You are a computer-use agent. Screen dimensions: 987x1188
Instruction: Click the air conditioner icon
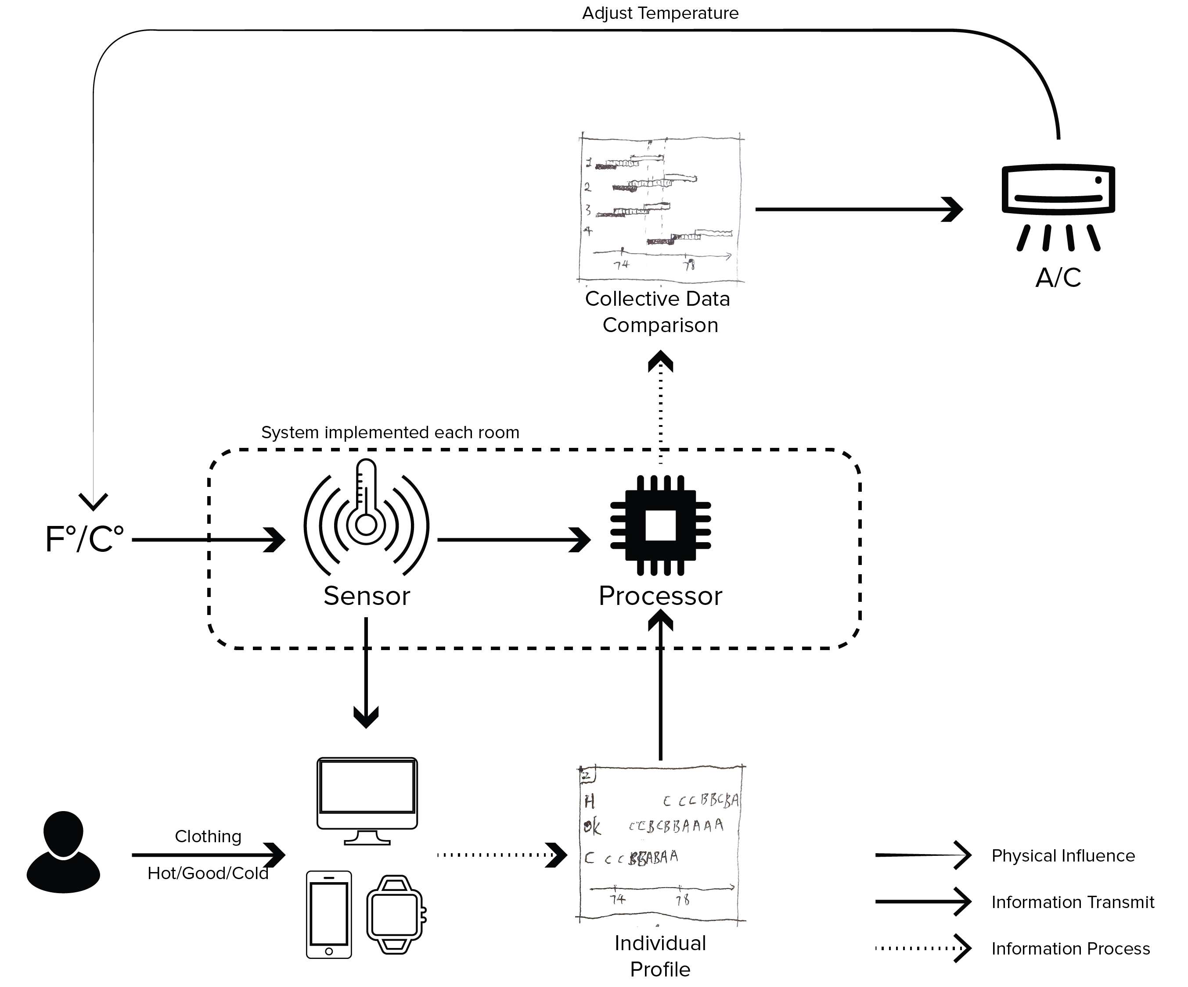(1058, 206)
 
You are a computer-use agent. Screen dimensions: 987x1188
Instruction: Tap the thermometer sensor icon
(366, 518)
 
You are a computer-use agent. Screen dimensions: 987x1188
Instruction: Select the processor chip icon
(660, 525)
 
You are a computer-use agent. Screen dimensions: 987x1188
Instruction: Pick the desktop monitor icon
(367, 800)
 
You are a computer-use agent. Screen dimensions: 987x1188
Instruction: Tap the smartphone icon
(329, 914)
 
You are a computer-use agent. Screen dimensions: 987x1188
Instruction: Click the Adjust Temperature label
(660, 13)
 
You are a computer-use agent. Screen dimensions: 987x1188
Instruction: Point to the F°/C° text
(84, 539)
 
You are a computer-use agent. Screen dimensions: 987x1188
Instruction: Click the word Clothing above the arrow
(208, 836)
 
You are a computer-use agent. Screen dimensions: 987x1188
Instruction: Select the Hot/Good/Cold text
(208, 873)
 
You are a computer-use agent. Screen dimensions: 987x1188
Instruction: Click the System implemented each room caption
(390, 433)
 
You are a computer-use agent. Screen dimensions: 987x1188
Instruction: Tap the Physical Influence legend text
(1063, 855)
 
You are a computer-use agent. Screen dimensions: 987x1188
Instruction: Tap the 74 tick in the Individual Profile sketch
(617, 899)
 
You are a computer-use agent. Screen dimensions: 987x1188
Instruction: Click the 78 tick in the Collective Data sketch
(689, 265)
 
